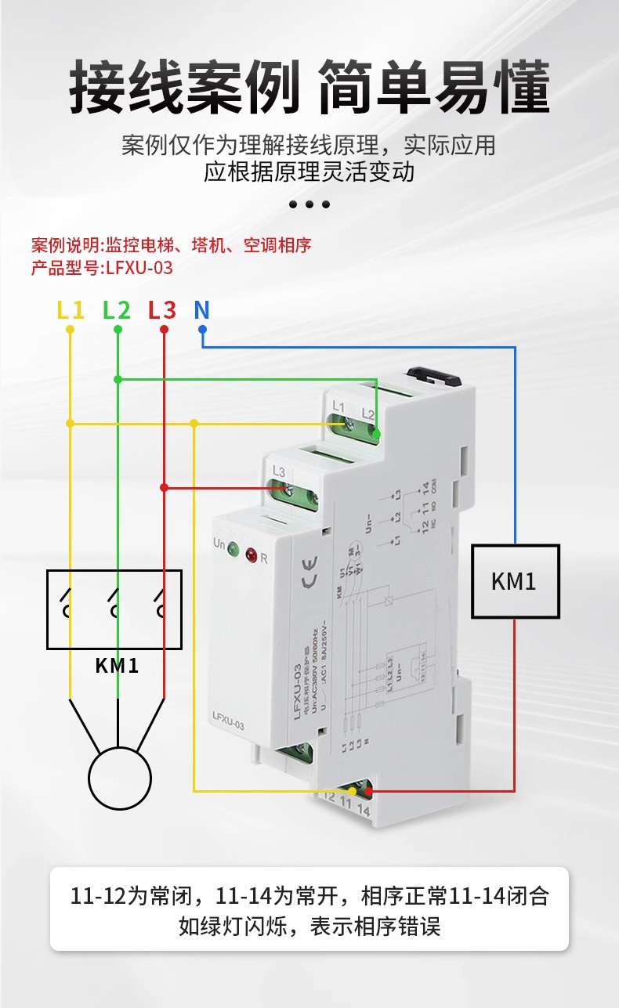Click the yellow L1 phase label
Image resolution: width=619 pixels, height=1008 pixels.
(71, 310)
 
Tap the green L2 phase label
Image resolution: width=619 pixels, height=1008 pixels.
(117, 310)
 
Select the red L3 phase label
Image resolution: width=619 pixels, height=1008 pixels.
(162, 310)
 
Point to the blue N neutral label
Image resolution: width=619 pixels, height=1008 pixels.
(201, 310)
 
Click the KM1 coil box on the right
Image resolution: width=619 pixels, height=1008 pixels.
(515, 581)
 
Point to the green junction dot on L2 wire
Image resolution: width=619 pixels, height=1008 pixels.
(118, 379)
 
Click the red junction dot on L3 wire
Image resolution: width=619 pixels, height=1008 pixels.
(164, 487)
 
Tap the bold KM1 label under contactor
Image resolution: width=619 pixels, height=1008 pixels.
(117, 666)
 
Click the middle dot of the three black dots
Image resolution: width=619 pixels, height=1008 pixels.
(309, 204)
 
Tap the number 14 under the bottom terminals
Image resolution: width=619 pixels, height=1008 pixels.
(363, 810)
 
